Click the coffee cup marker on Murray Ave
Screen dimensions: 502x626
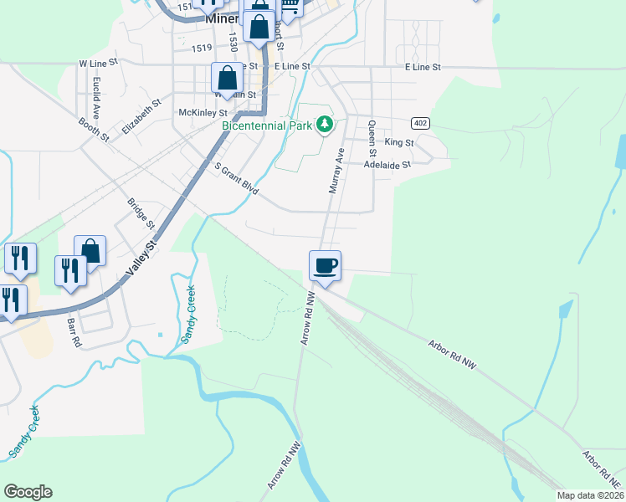(325, 267)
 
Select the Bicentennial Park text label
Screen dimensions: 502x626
(266, 126)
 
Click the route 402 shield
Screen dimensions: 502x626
(421, 123)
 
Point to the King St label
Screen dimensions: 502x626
(399, 143)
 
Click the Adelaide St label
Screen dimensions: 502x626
(388, 165)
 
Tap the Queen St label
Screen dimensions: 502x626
(372, 136)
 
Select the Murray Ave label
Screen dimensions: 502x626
(336, 172)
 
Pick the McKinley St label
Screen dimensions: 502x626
(203, 112)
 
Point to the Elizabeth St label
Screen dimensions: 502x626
(141, 117)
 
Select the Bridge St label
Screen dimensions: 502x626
(141, 213)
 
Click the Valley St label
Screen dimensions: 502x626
(141, 259)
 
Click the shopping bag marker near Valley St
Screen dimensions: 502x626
(90, 250)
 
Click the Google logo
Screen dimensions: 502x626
(28, 492)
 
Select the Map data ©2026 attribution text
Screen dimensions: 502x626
(590, 495)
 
